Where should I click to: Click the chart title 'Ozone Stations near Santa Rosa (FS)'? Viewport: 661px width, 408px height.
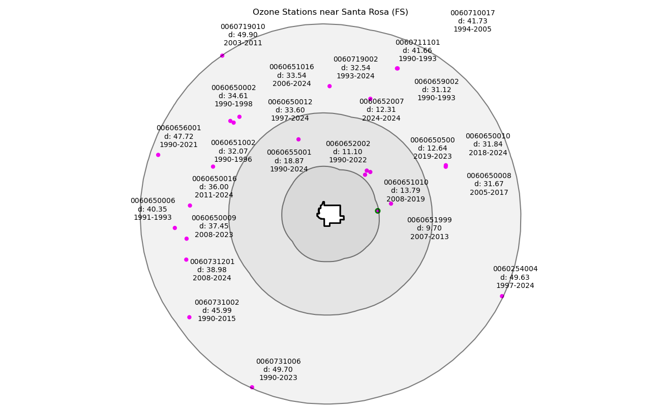330,12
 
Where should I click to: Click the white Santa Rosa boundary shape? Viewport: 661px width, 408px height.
331,214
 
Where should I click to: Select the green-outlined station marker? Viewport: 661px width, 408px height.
378,211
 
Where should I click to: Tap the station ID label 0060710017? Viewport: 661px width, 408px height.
472,13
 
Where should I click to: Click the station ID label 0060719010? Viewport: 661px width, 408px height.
243,27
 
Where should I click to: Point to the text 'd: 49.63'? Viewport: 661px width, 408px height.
515,277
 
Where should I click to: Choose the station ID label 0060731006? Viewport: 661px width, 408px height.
278,362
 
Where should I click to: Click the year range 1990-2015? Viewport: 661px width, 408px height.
217,319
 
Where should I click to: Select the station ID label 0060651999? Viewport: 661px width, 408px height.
429,220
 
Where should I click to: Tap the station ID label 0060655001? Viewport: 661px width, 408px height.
289,153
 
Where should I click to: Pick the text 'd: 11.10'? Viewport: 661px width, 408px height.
348,152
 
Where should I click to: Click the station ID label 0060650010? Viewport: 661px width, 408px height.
488,136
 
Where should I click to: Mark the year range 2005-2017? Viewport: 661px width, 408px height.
489,192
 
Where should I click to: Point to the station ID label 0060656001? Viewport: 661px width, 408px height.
178,128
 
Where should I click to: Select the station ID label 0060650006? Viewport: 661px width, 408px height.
153,201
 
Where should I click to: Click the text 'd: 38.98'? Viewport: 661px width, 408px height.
212,270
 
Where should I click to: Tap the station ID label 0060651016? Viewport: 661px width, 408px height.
291,67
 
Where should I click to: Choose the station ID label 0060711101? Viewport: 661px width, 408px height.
417,43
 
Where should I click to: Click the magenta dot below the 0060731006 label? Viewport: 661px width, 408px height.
252,387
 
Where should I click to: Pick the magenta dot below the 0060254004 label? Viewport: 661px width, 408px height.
502,296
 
